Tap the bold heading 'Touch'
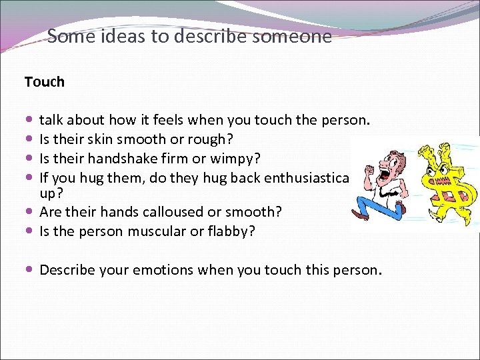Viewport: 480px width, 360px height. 45,82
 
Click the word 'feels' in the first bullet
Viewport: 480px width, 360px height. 169,121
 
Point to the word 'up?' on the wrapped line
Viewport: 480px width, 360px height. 50,193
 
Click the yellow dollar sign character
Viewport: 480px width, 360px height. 445,180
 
